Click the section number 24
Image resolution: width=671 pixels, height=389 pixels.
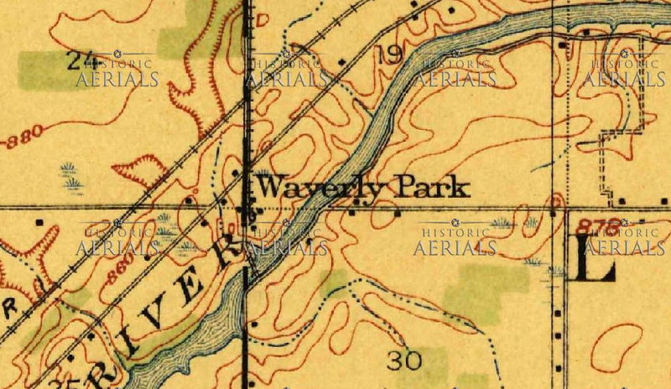coord(80,59)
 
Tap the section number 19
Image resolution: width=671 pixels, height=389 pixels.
coord(389,55)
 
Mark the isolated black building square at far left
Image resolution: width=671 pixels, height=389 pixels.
coord(39,222)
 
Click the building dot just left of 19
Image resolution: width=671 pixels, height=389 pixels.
coord(341,61)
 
